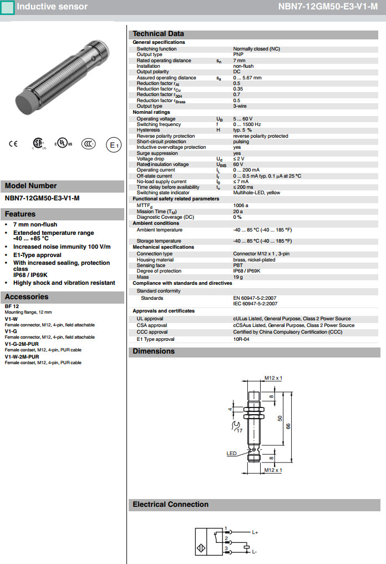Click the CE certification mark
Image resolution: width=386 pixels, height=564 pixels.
point(13,144)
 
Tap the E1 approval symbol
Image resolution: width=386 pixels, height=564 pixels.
point(113,145)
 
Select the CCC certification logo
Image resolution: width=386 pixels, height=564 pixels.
point(88,144)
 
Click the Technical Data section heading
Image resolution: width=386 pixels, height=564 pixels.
point(158,34)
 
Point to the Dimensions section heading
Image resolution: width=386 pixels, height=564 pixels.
point(154,351)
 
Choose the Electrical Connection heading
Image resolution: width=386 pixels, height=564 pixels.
point(170,505)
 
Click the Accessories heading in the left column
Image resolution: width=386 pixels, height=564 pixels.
point(27,297)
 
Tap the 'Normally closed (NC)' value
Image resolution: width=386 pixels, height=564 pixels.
point(256,49)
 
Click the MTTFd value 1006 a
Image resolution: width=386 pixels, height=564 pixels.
point(241,205)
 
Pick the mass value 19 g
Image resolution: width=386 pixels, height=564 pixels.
point(238,276)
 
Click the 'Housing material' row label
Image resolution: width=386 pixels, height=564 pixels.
point(155,260)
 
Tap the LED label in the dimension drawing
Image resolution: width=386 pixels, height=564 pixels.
point(231,454)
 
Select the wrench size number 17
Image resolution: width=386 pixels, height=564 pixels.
point(239,430)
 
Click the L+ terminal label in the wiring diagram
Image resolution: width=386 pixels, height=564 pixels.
point(255,532)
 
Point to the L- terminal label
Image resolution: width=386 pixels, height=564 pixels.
point(255,552)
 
